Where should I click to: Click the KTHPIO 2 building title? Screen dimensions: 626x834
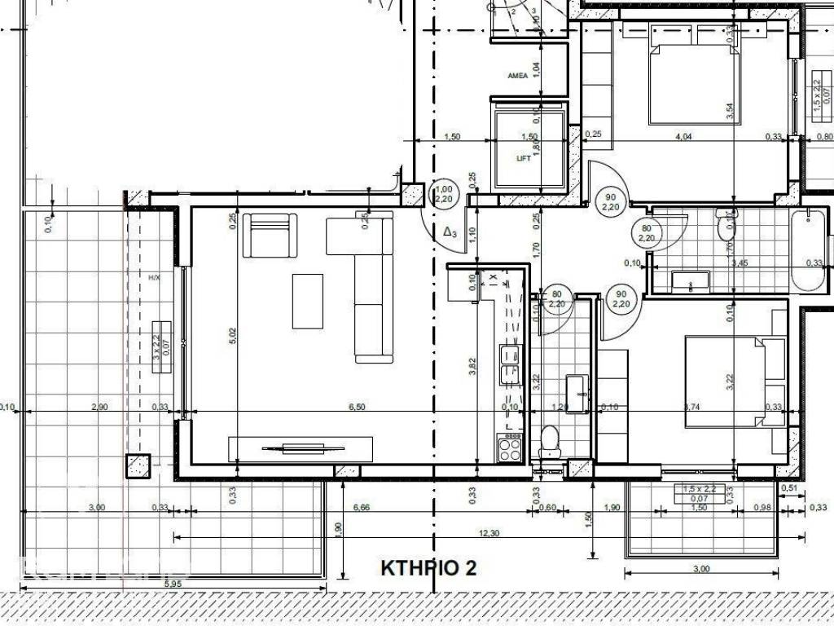tap(428, 568)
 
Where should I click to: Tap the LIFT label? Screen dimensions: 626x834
tap(524, 158)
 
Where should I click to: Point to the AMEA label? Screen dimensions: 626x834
tap(517, 76)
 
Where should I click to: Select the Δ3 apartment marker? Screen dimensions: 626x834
tap(450, 233)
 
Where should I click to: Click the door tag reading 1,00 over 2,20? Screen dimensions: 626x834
tap(443, 194)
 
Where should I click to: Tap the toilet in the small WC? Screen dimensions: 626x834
tap(548, 441)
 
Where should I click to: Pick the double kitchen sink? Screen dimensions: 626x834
tap(510, 364)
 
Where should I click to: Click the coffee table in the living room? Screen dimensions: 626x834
tap(307, 301)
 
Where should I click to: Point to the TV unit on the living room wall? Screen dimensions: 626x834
tap(301, 448)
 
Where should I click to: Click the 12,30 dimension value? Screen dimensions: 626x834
tap(489, 533)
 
